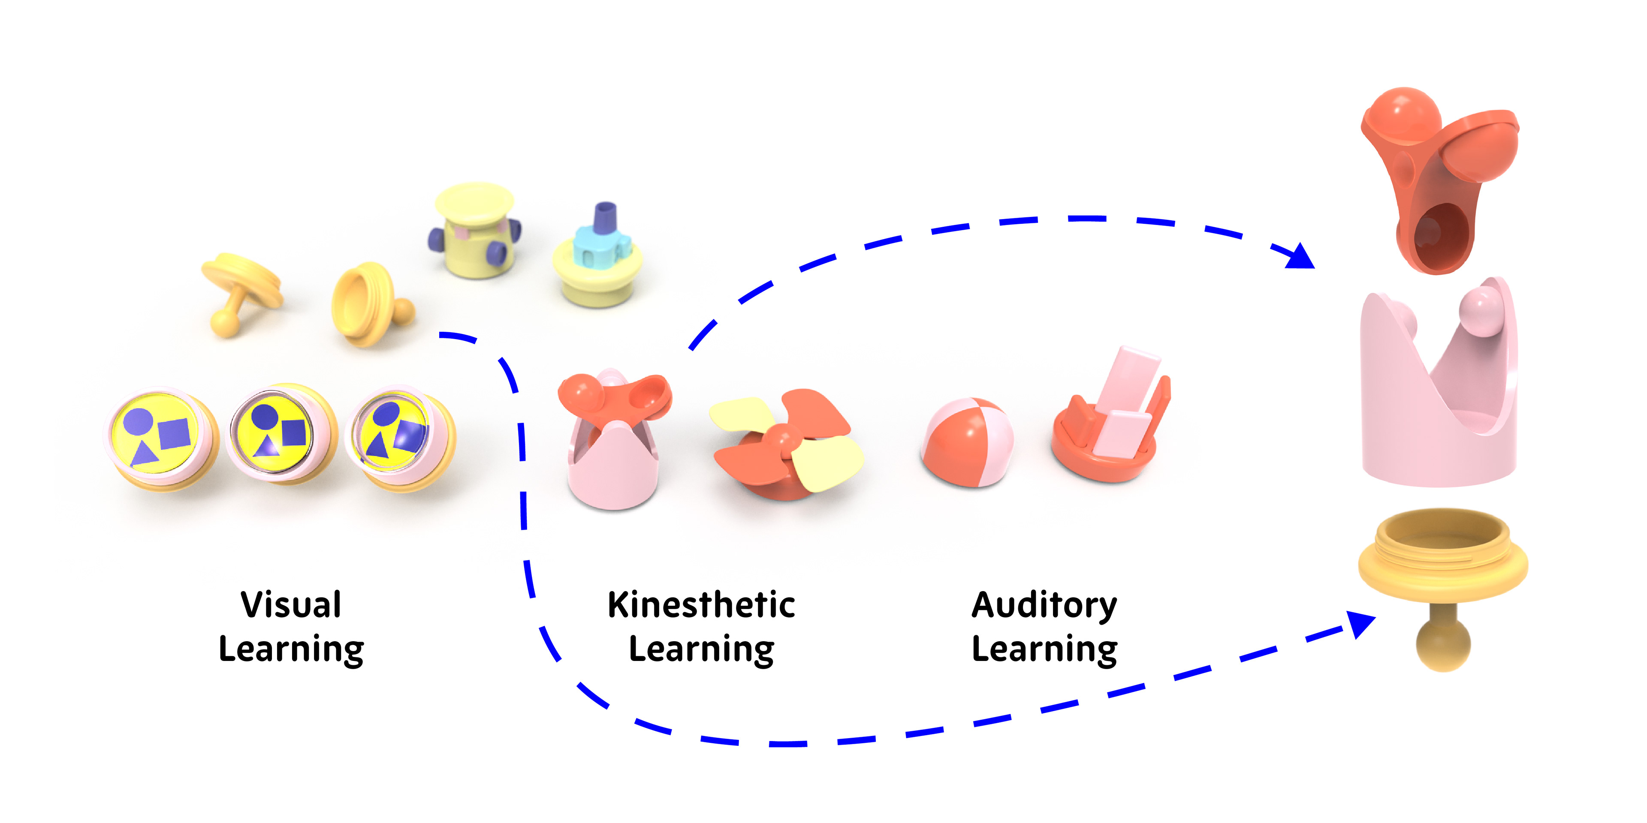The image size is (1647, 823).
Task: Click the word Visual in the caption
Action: pyautogui.click(x=291, y=604)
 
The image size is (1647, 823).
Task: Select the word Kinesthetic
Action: pyautogui.click(x=701, y=604)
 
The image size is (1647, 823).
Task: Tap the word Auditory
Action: pyautogui.click(x=1044, y=604)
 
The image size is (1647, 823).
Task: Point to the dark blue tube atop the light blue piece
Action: pyautogui.click(x=605, y=219)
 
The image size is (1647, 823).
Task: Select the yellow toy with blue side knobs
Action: pyautogui.click(x=474, y=230)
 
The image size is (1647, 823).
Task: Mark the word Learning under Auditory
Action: pyautogui.click(x=1044, y=649)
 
